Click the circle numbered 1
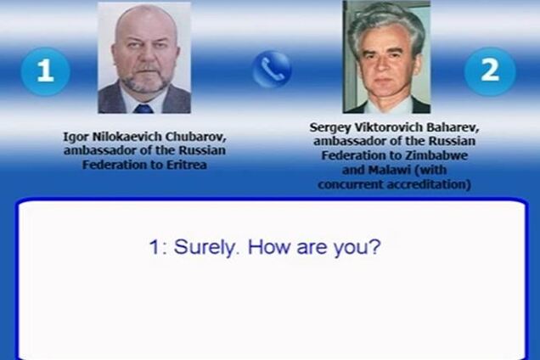click(44, 70)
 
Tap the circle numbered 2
click(490, 70)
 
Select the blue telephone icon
click(272, 70)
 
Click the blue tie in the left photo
click(143, 108)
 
